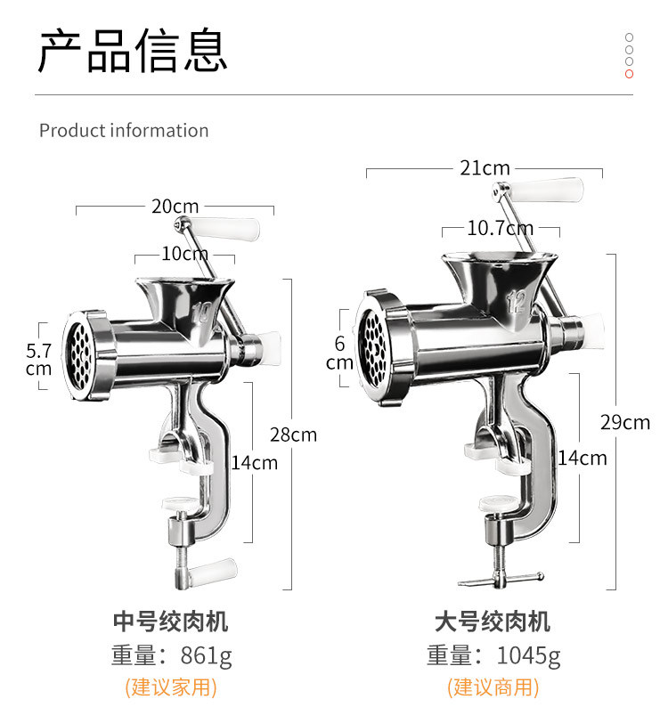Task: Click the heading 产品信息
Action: click(x=132, y=50)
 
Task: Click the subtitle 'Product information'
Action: click(x=124, y=130)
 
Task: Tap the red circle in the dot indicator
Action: click(x=629, y=74)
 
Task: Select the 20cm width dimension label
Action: click(x=175, y=207)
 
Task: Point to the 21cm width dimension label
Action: click(x=485, y=167)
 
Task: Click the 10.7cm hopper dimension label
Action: click(x=501, y=228)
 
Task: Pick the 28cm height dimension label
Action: click(x=293, y=435)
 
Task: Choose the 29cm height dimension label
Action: click(x=625, y=422)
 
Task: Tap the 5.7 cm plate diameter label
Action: click(x=38, y=360)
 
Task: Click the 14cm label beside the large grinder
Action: click(x=582, y=458)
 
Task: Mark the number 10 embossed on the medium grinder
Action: click(x=201, y=313)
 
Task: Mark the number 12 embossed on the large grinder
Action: click(x=516, y=302)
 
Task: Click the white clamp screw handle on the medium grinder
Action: click(x=213, y=571)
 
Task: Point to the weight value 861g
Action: click(x=206, y=655)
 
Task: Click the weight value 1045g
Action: click(x=528, y=655)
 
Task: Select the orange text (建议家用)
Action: click(x=171, y=687)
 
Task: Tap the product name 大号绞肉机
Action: click(x=493, y=622)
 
